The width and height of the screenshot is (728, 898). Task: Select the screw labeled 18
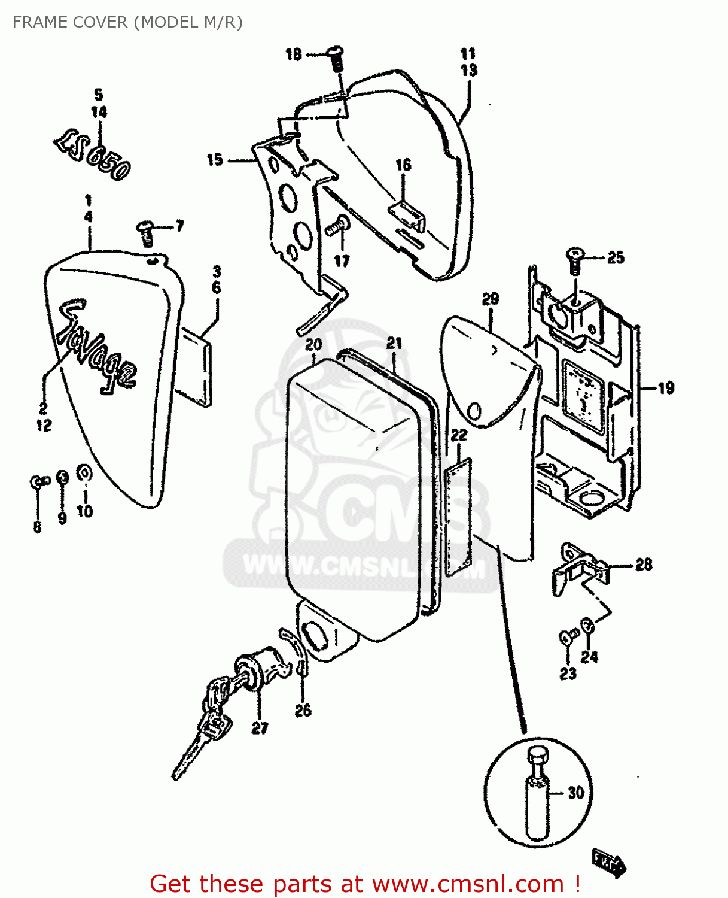click(337, 59)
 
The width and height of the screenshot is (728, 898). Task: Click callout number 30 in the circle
click(575, 793)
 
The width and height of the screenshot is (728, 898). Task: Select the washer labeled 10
click(84, 474)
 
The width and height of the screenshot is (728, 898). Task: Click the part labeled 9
click(62, 477)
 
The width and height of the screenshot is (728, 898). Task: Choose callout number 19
click(666, 389)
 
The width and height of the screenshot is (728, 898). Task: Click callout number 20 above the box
click(313, 345)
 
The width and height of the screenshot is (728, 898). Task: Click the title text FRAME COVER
click(69, 22)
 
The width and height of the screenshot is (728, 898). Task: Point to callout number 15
click(215, 160)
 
